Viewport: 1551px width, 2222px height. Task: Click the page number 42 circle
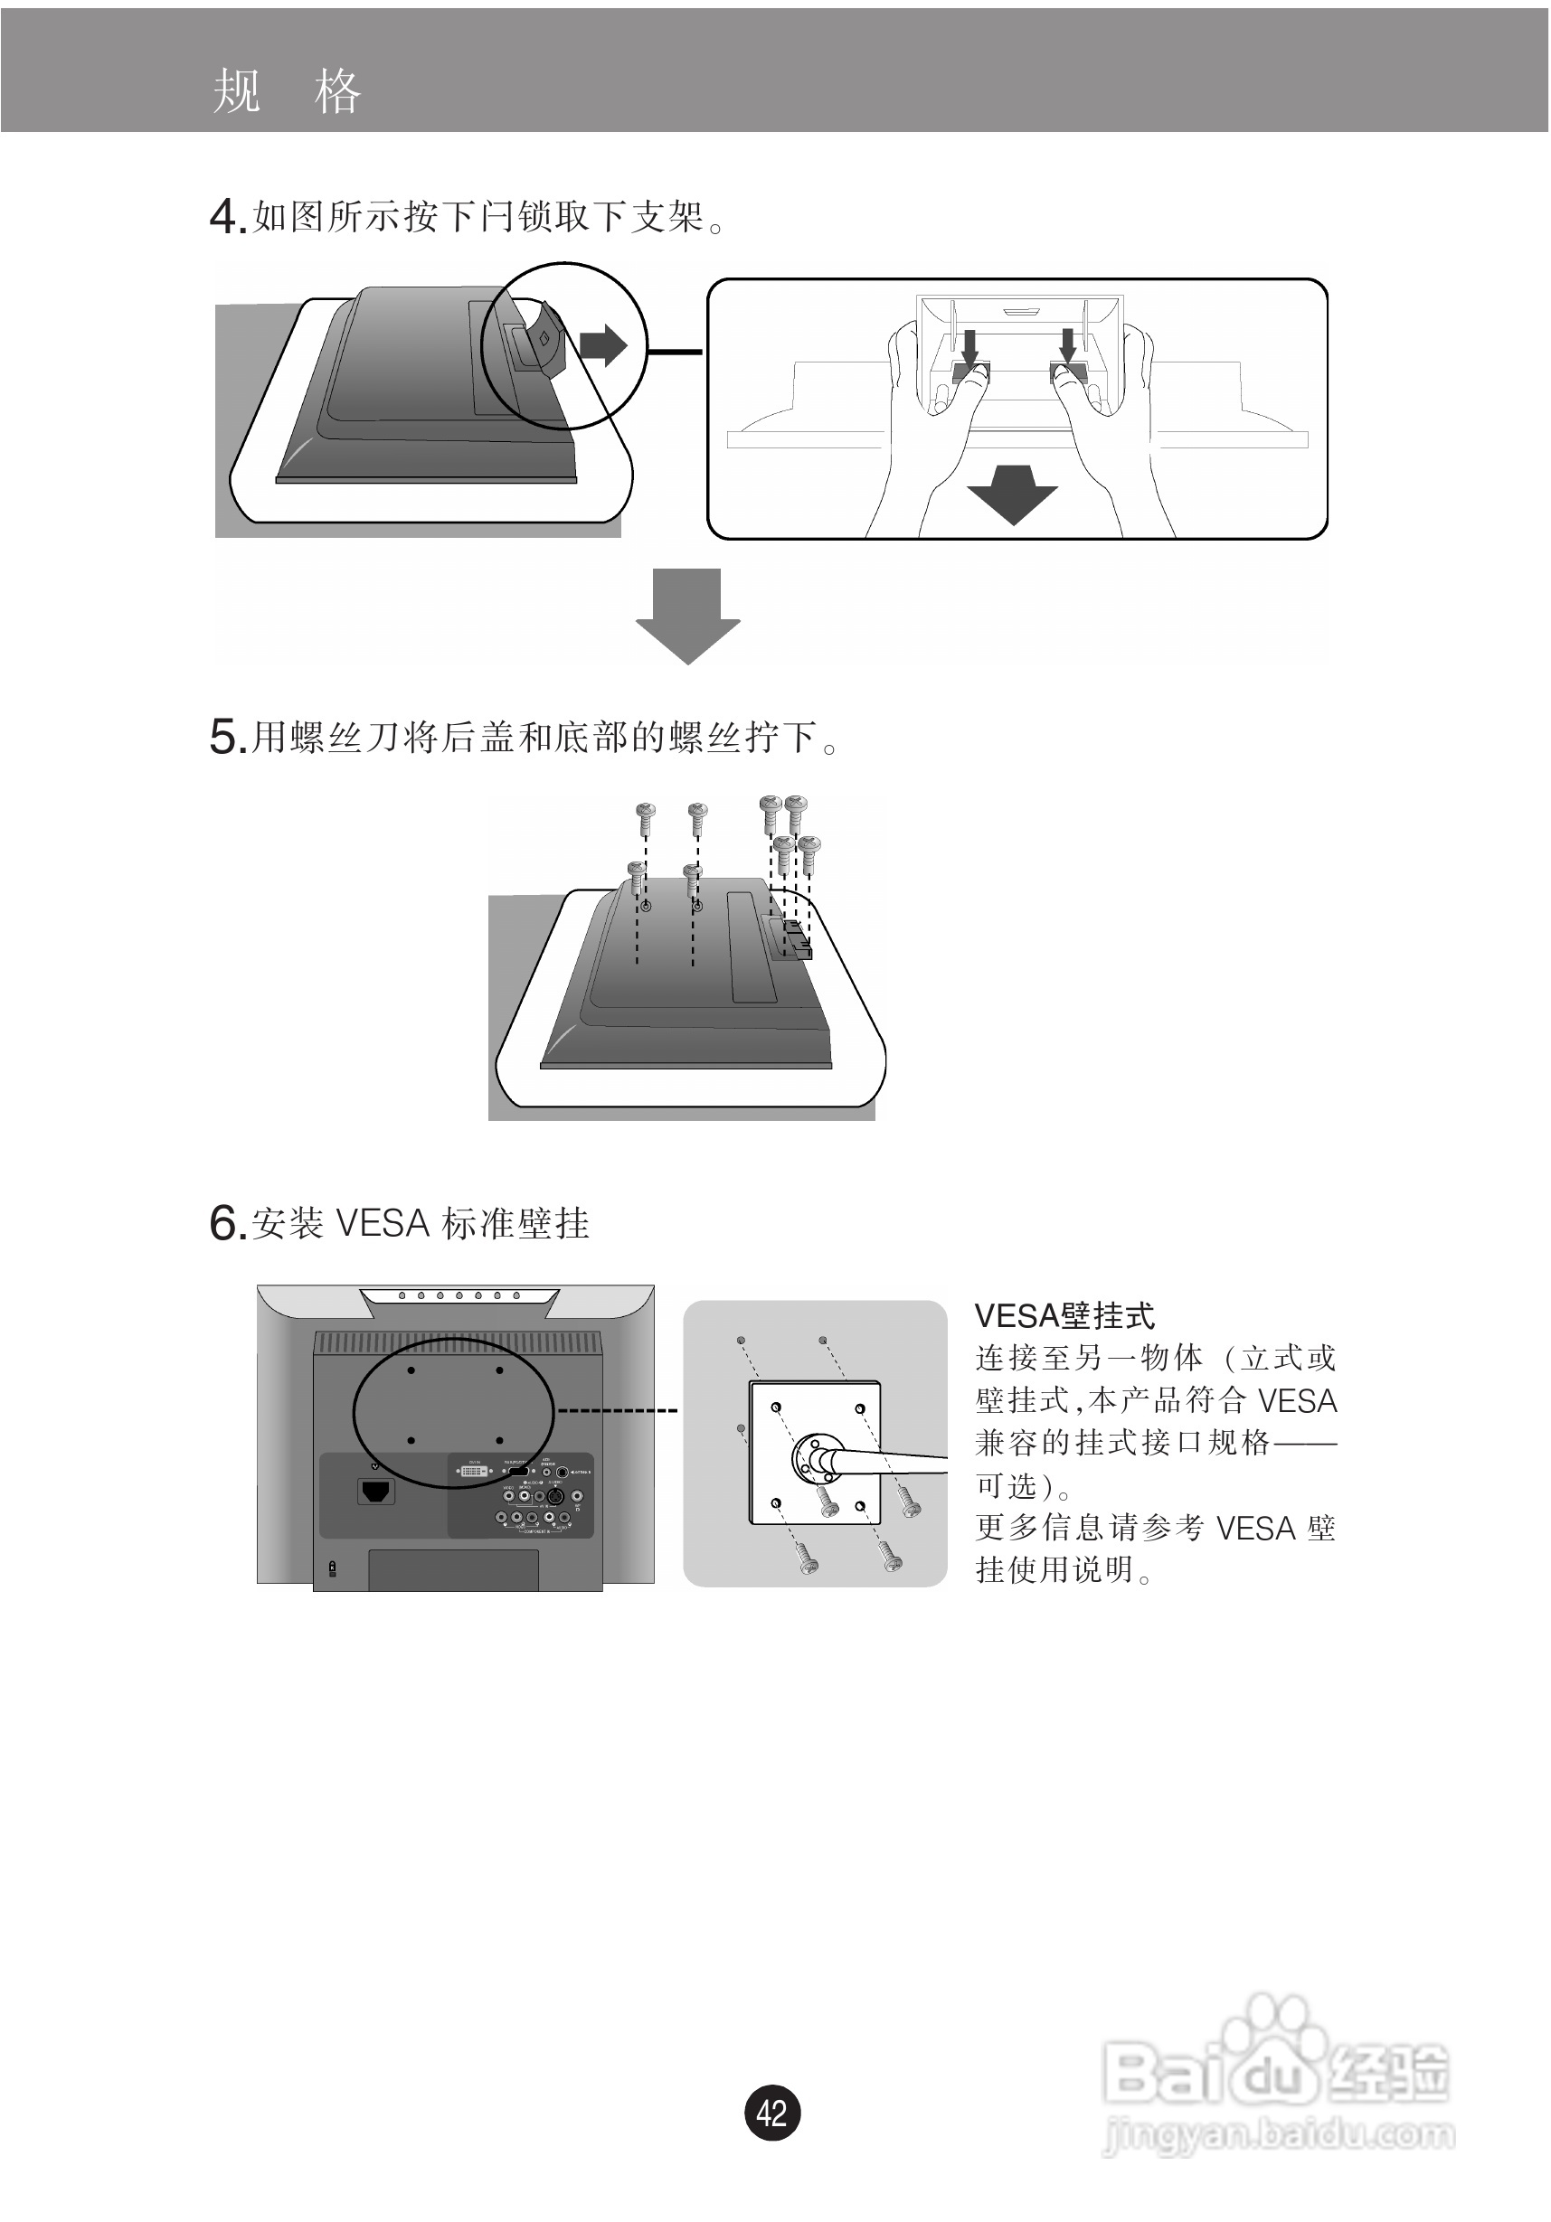pyautogui.click(x=771, y=2112)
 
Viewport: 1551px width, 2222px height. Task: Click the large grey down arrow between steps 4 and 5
pyautogui.click(x=687, y=616)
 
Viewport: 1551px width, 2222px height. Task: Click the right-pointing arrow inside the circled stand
pyautogui.click(x=603, y=345)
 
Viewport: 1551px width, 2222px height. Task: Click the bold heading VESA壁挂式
pyautogui.click(x=1063, y=1316)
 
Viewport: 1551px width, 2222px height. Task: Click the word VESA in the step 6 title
pyautogui.click(x=382, y=1224)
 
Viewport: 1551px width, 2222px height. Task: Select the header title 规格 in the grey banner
pyautogui.click(x=287, y=92)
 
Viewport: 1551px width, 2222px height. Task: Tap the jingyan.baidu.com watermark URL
pyautogui.click(x=1278, y=2135)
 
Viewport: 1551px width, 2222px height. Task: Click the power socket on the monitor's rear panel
pyautogui.click(x=375, y=1492)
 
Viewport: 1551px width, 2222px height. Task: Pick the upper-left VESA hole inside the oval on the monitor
pyautogui.click(x=411, y=1370)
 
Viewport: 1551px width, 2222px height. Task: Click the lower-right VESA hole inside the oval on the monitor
pyautogui.click(x=498, y=1441)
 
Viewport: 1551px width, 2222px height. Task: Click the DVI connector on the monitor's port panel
pyautogui.click(x=473, y=1471)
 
